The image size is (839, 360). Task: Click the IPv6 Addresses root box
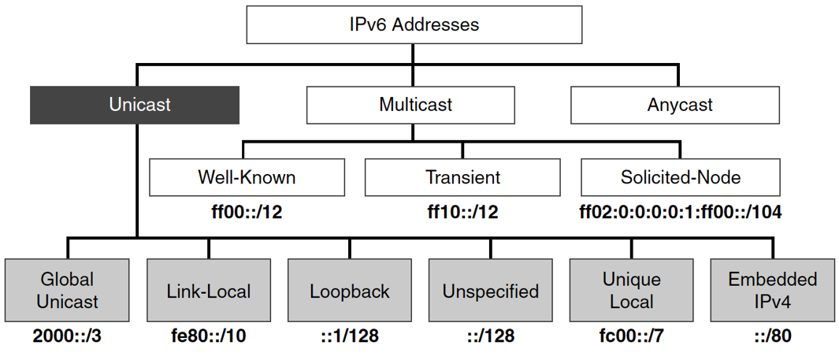[x=414, y=24]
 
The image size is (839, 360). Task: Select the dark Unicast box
[x=135, y=105]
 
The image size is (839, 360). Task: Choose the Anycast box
[x=680, y=105]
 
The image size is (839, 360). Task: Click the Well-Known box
[x=247, y=177]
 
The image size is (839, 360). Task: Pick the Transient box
[x=462, y=177]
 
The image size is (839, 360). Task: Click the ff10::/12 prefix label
[x=462, y=212]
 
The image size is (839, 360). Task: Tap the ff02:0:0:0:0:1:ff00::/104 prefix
[x=681, y=212]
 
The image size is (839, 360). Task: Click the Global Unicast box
[x=67, y=291]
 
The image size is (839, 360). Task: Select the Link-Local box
[x=209, y=291]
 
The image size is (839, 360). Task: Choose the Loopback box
[x=350, y=291]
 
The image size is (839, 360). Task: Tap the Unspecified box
[x=490, y=291]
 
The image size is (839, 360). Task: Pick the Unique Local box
[x=631, y=291]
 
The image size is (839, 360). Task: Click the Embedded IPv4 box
[x=772, y=291]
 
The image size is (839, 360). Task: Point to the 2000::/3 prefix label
[x=68, y=336]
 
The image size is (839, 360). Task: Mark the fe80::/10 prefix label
[x=209, y=336]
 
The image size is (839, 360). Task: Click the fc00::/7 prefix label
[x=631, y=336]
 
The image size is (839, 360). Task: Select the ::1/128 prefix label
[x=350, y=336]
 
